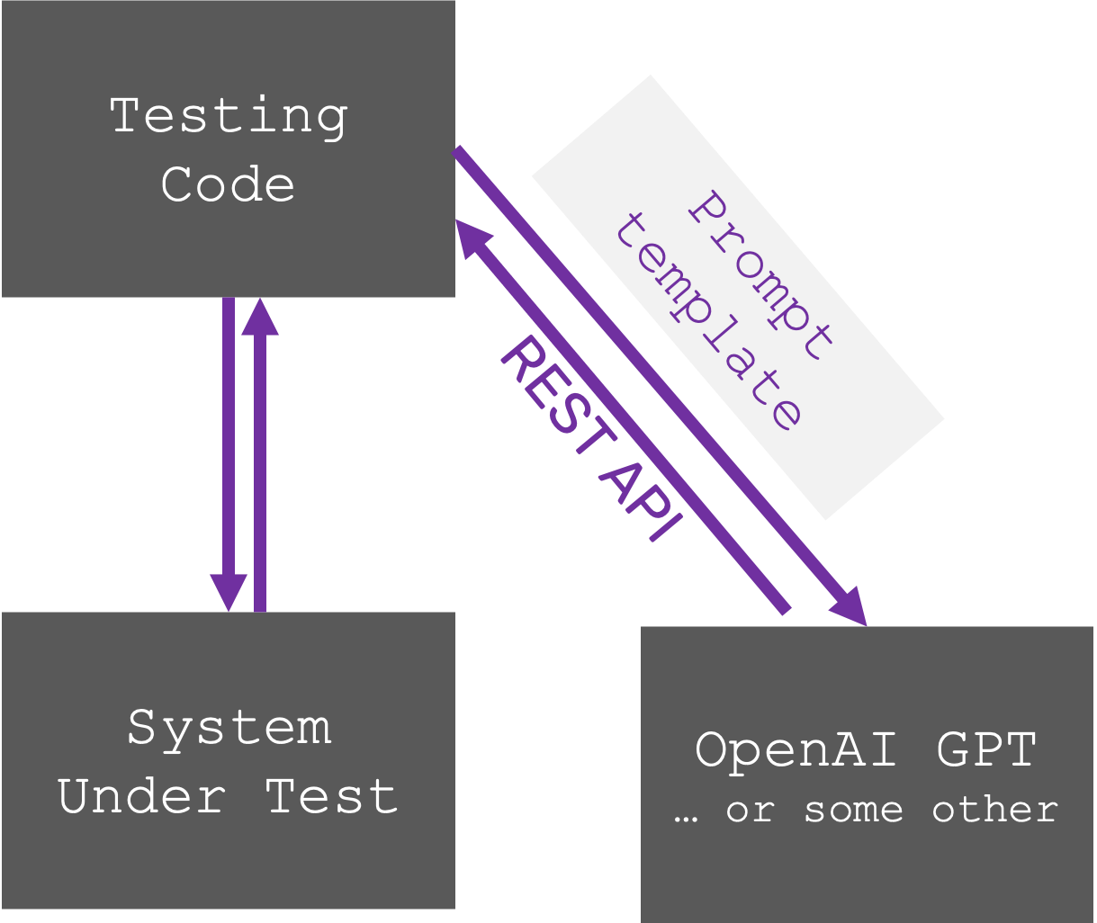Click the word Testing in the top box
(229, 117)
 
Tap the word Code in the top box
(229, 184)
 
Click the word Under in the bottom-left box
(142, 797)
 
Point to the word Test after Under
(331, 797)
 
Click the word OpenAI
(796, 750)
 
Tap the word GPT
(987, 749)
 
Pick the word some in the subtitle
(853, 810)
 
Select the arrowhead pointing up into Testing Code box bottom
(260, 318)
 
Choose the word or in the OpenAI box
(750, 811)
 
